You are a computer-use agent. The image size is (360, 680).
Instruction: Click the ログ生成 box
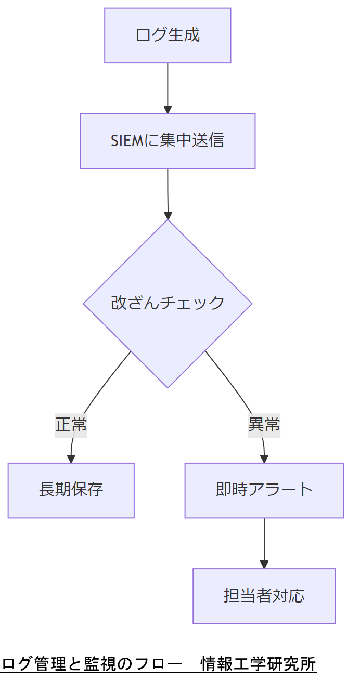pyautogui.click(x=168, y=35)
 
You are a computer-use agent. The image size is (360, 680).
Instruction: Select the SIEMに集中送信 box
pyautogui.click(x=168, y=141)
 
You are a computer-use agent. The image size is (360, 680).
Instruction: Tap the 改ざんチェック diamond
pyautogui.click(x=168, y=303)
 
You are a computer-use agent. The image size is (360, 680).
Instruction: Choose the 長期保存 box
pyautogui.click(x=71, y=490)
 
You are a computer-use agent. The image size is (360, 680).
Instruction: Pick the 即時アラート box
pyautogui.click(x=264, y=490)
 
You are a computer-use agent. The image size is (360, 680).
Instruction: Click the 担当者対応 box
pyautogui.click(x=264, y=596)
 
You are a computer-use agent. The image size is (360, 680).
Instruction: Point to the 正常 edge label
pyautogui.click(x=71, y=425)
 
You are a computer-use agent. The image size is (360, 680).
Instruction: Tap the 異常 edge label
pyautogui.click(x=264, y=425)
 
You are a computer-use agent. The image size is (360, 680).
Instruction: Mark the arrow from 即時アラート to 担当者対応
pyautogui.click(x=264, y=541)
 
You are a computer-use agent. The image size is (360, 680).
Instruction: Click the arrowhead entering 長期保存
pyautogui.click(x=71, y=459)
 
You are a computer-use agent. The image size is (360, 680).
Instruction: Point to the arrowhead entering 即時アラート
pyautogui.click(x=264, y=459)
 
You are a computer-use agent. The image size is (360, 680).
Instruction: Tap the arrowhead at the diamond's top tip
pyautogui.click(x=168, y=215)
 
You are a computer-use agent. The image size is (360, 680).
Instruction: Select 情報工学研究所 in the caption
pyautogui.click(x=259, y=664)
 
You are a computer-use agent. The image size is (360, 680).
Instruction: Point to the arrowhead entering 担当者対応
pyautogui.click(x=264, y=564)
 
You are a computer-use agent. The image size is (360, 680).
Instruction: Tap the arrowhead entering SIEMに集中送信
pyautogui.click(x=168, y=109)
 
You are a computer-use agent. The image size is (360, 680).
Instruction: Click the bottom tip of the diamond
pyautogui.click(x=168, y=387)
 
